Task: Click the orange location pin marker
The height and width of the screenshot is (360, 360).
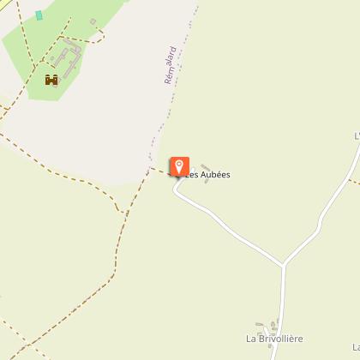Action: [x=179, y=166]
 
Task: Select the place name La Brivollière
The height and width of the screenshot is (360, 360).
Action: [x=274, y=339]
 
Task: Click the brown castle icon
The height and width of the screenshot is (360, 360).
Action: [x=51, y=80]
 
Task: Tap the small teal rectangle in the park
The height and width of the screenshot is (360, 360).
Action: [x=39, y=15]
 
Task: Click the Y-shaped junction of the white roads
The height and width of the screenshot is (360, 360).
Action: [x=283, y=265]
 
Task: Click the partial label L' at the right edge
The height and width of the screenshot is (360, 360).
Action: [x=356, y=135]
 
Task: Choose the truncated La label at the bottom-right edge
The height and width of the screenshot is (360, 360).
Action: [x=355, y=346]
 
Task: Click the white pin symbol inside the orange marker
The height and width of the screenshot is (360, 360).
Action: [x=179, y=165]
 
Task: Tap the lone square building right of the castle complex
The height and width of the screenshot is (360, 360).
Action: [x=100, y=37]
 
